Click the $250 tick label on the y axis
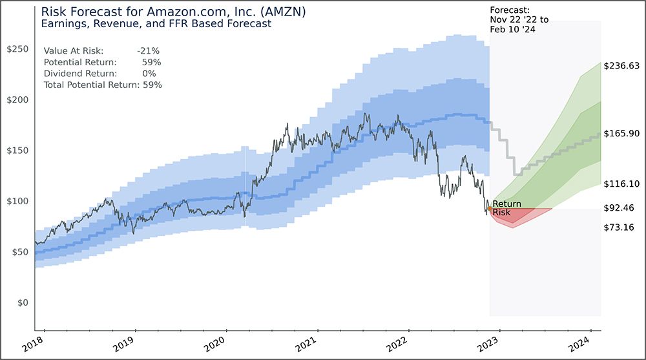[x=17, y=49]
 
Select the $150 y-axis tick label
[x=17, y=151]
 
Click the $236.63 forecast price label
[x=621, y=66]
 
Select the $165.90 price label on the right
[x=621, y=133]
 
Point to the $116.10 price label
[x=621, y=184]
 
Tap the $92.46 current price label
[x=618, y=208]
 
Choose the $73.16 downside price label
[x=618, y=228]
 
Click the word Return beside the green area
[x=506, y=204]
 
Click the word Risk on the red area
[x=501, y=213]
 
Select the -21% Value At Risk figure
[x=148, y=50]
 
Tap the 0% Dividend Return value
[x=149, y=74]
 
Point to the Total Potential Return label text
[x=91, y=85]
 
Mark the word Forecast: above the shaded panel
[x=510, y=10]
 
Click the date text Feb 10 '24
[x=514, y=28]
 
